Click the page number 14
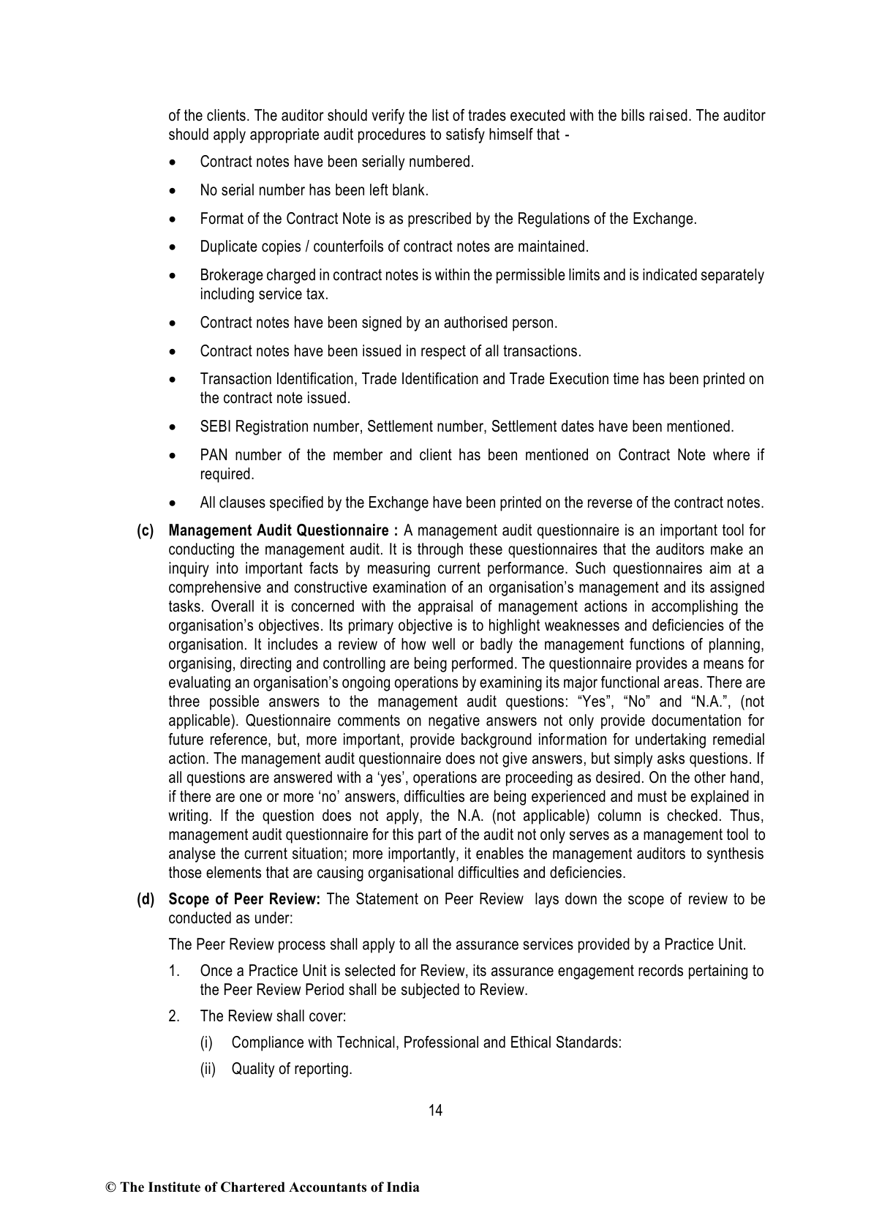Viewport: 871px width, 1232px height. (x=435, y=1111)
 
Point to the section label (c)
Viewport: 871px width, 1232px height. (x=146, y=530)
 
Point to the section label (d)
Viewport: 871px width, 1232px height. (x=146, y=899)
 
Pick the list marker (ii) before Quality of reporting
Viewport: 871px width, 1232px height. (x=208, y=1069)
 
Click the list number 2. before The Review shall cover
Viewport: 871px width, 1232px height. (x=174, y=1016)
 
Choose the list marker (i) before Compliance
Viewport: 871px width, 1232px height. (x=207, y=1043)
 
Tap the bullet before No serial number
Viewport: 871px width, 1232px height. (x=173, y=191)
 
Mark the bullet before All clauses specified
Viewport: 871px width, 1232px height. (x=173, y=503)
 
